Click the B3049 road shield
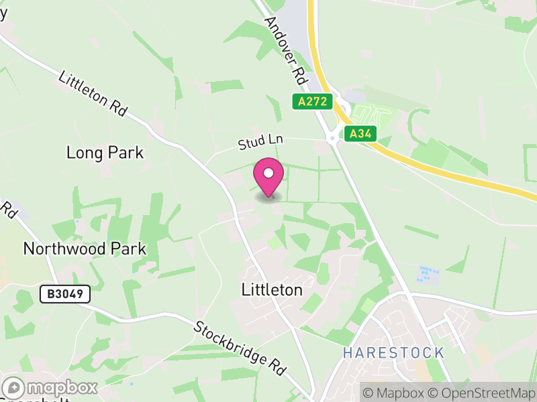point(64,294)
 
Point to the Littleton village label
point(272,290)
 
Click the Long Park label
point(105,153)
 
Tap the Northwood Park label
point(85,249)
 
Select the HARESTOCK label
point(393,352)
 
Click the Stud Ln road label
point(261,141)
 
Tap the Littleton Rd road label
point(93,94)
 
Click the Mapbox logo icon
point(13,388)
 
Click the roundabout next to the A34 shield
point(332,139)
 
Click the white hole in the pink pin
point(268,173)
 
